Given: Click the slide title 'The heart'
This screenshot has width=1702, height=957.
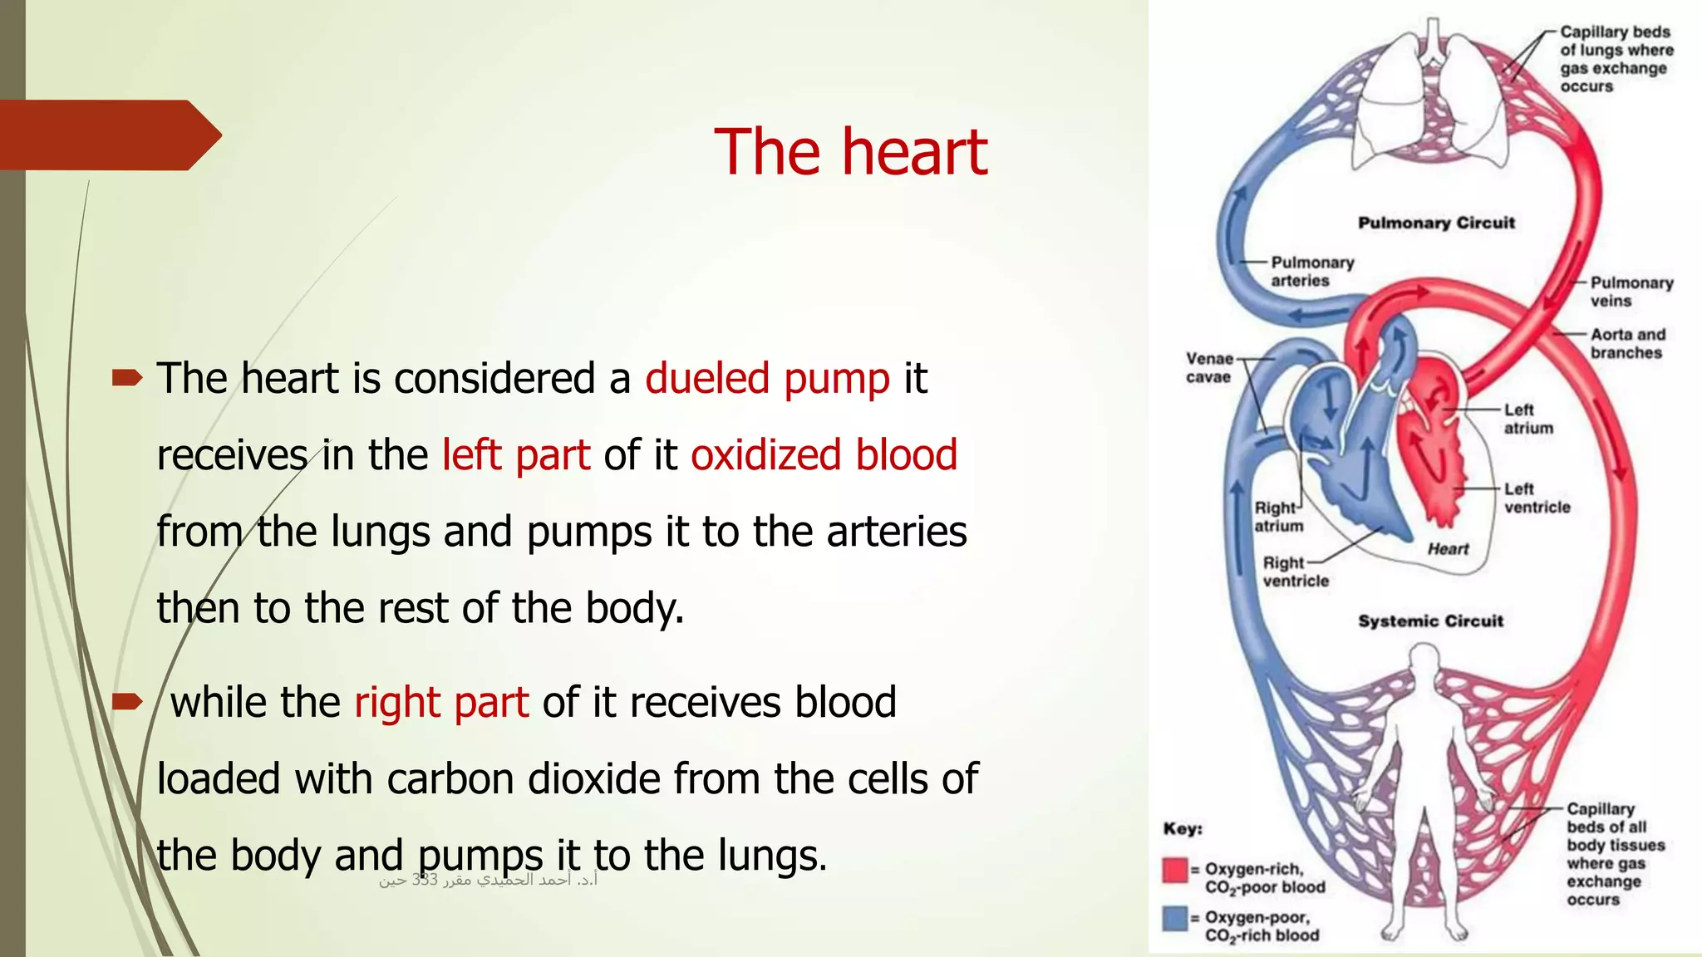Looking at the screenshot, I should coord(850,152).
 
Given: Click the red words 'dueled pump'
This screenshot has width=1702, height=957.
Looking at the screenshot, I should coord(767,379).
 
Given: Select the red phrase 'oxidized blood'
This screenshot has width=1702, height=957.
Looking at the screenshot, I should coord(824,455).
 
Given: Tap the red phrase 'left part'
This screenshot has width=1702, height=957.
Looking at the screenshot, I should coord(515,455).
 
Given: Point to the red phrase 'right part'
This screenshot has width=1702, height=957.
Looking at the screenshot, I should coord(441,703).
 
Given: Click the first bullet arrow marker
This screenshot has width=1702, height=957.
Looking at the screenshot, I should coord(127,379).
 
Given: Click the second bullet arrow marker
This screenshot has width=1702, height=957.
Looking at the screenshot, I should coord(127,703).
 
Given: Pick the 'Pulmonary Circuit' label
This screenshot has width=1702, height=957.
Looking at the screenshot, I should coord(1436,223).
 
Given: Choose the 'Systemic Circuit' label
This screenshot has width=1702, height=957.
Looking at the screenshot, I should coord(1430,621).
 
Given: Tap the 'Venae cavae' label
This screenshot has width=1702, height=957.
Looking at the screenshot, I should coord(1208,368).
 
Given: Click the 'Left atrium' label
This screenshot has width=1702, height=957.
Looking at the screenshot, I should coord(1527,419).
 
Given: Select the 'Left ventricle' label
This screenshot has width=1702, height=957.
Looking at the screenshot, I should coord(1536,498).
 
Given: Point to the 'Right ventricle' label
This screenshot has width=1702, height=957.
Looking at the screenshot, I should coord(1295,572).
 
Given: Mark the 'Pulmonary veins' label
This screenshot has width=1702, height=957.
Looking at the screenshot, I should coord(1631,292).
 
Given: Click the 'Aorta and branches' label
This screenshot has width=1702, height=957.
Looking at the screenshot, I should coord(1627,343).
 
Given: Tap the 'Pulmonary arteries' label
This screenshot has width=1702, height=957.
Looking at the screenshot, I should coord(1311,272).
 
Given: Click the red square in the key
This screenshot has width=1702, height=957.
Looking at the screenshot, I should coord(1175,870).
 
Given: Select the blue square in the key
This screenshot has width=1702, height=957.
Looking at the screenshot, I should coord(1175,918).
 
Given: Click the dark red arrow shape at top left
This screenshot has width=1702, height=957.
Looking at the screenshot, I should coord(108,135).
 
